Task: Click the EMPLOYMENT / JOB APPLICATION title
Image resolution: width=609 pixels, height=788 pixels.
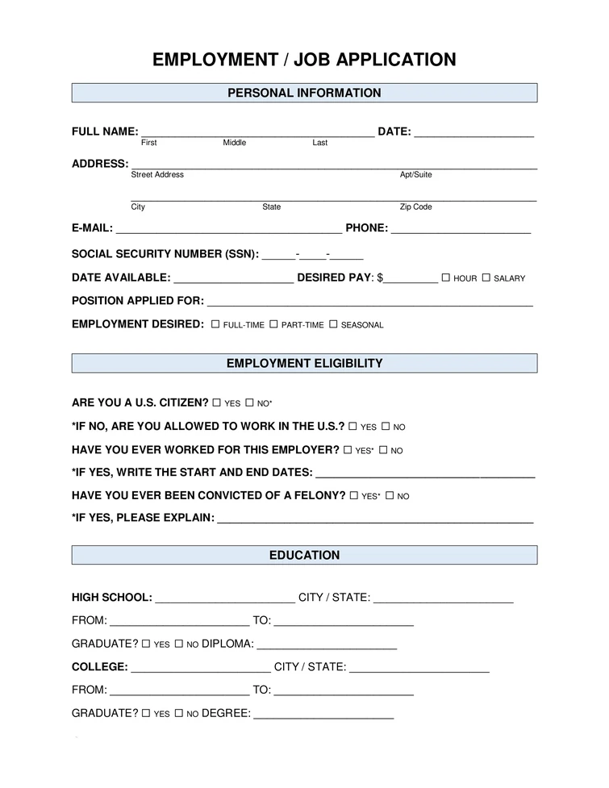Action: [x=304, y=60]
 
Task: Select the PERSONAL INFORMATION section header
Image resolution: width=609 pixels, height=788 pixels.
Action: [x=304, y=93]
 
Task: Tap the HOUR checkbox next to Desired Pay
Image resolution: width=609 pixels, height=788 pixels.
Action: [x=445, y=277]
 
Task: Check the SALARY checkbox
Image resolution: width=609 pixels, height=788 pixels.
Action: [x=486, y=277]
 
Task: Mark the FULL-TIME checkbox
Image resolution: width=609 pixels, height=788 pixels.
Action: [x=215, y=324]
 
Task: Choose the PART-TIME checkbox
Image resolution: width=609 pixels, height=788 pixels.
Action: [x=273, y=324]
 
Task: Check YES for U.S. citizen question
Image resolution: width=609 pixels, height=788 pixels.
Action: [x=217, y=402]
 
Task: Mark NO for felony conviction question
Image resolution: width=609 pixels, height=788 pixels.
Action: [x=390, y=496]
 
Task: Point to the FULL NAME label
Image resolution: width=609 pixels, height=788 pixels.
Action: [x=104, y=131]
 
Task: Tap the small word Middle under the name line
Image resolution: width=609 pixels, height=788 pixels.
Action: [x=235, y=143]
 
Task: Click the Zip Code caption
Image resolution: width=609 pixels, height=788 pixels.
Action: [x=415, y=207]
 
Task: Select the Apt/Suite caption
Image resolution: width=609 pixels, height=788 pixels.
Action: [x=415, y=175]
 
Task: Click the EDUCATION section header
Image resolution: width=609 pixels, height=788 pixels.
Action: [x=304, y=555]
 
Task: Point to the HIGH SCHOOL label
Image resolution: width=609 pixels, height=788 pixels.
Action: [x=111, y=598]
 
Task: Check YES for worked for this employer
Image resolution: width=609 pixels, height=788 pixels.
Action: [x=348, y=449]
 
